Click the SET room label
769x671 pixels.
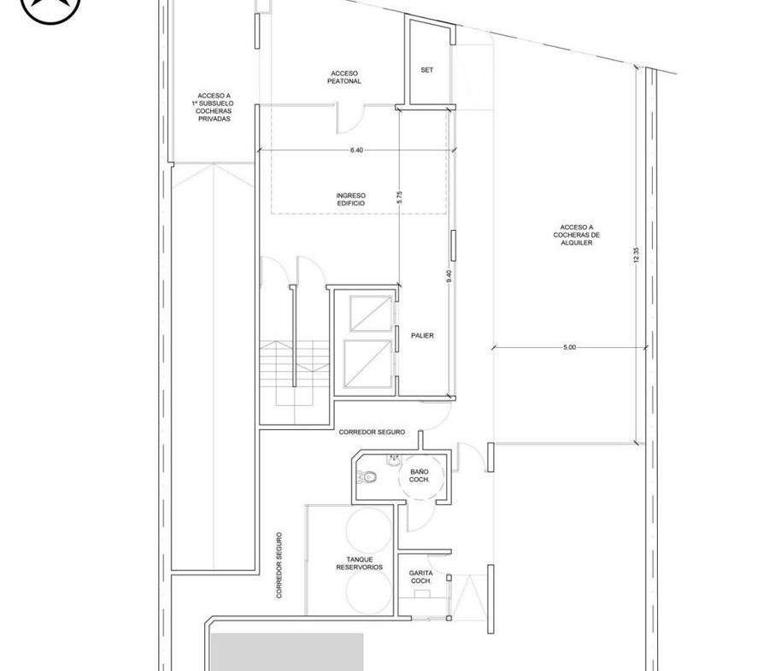pos(426,70)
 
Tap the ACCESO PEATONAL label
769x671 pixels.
pos(344,78)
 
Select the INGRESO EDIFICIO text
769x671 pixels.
pos(350,199)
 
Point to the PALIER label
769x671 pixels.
pos(422,335)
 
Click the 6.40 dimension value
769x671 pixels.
pos(356,150)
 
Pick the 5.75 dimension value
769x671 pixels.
pos(399,197)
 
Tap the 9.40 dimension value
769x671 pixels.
pos(449,276)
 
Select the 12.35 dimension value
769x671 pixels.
pos(636,255)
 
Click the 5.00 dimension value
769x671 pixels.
pos(569,347)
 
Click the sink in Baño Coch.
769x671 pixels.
pos(393,461)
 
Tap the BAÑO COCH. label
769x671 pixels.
pos(420,476)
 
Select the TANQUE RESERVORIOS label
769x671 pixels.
pos(360,563)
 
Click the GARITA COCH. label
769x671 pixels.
pos(420,577)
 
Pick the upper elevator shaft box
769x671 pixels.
pos(371,314)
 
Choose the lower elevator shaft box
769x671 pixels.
pos(367,363)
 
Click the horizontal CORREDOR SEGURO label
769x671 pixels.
pos(372,433)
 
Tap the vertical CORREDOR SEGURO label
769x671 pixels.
pos(279,565)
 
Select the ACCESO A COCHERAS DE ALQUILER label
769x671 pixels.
pos(576,235)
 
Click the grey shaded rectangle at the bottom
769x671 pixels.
pos(287,652)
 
